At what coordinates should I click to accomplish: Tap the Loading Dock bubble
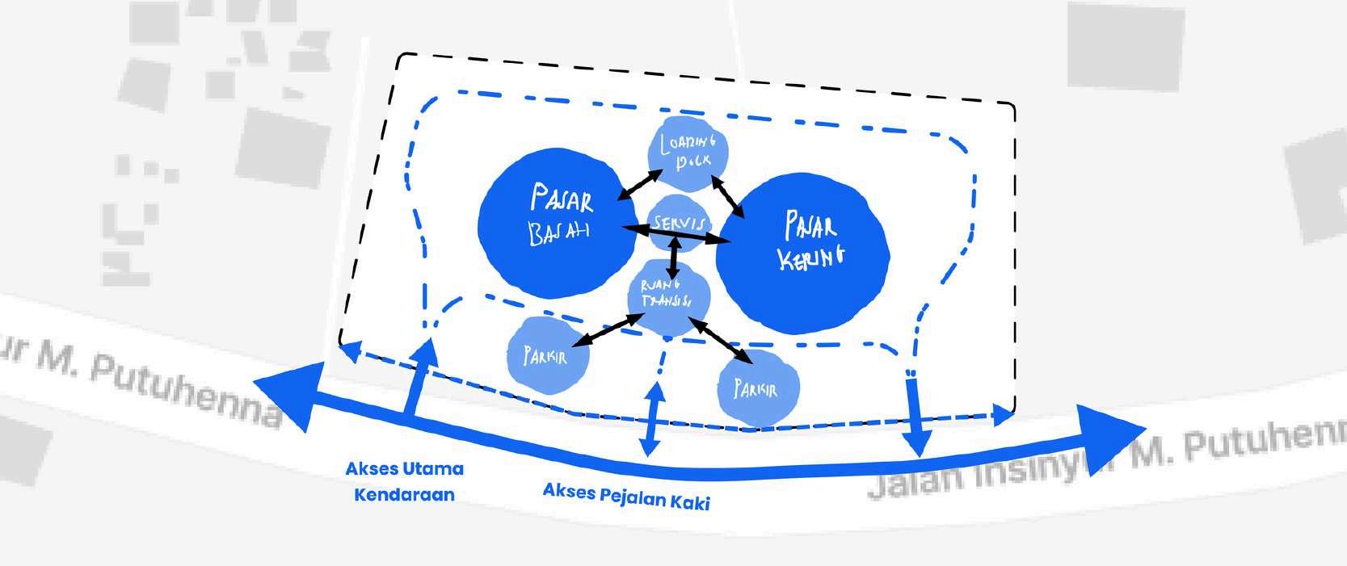click(x=688, y=153)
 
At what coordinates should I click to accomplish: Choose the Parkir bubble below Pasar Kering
click(x=757, y=389)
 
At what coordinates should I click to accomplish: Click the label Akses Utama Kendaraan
click(x=404, y=481)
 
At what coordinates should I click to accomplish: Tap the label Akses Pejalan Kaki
click(x=626, y=496)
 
